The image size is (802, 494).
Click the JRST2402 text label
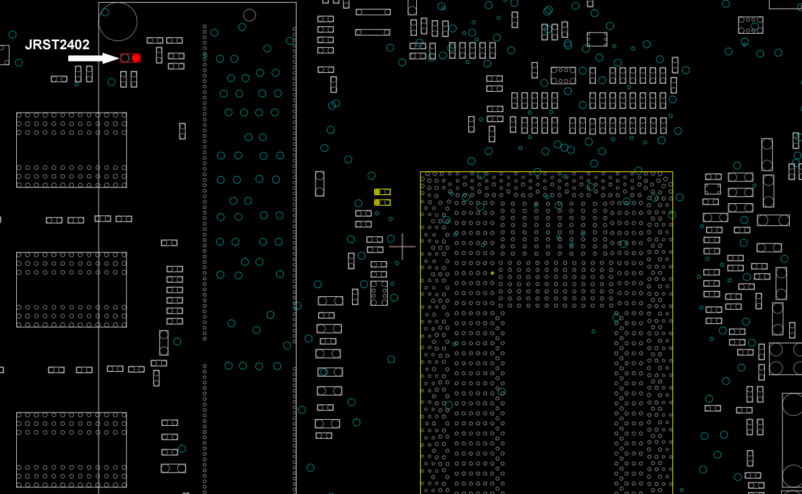pyautogui.click(x=57, y=45)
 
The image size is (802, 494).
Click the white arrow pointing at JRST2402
pyautogui.click(x=93, y=59)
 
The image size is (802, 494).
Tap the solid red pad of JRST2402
pyautogui.click(x=136, y=58)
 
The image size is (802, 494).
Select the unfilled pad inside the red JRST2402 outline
pyautogui.click(x=126, y=58)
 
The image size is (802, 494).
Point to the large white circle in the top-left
pyautogui.click(x=118, y=21)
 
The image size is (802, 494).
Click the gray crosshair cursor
pyautogui.click(x=403, y=247)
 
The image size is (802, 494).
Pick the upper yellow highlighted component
pyautogui.click(x=382, y=192)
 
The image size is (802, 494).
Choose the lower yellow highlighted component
pyautogui.click(x=382, y=202)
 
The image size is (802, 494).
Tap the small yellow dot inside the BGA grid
pyautogui.click(x=493, y=273)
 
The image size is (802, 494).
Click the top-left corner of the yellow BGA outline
pyautogui.click(x=421, y=172)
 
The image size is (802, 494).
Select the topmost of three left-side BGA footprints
pyautogui.click(x=72, y=149)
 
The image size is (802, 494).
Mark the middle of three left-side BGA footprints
pyautogui.click(x=72, y=290)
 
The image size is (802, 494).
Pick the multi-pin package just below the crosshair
pyautogui.click(x=379, y=292)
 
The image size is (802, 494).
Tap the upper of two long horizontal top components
pyautogui.click(x=373, y=12)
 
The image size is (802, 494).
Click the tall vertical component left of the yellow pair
pyautogui.click(x=320, y=184)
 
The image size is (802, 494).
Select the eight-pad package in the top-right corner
pyautogui.click(x=750, y=25)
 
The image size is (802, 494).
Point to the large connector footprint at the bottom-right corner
pyautogui.click(x=792, y=440)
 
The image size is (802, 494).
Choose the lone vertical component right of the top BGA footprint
pyautogui.click(x=182, y=131)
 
